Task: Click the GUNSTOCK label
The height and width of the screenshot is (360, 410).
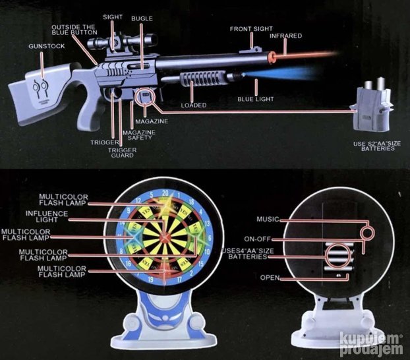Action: click(x=47, y=46)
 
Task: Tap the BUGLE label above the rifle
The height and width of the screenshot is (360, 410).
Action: click(x=142, y=18)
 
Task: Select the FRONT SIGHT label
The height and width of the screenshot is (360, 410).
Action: click(x=251, y=29)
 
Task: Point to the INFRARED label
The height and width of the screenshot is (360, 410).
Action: click(x=286, y=36)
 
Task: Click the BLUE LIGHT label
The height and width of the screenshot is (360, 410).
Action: click(x=256, y=99)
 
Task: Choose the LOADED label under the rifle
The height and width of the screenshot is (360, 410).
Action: click(x=194, y=105)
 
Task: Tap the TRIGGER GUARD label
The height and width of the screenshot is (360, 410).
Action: click(x=123, y=153)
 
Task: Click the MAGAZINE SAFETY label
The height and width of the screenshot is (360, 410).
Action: click(x=139, y=135)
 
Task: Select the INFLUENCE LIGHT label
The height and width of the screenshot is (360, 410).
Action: click(x=47, y=217)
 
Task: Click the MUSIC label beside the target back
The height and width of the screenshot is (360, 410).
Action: click(x=268, y=220)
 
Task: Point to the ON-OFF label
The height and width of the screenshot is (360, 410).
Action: click(x=258, y=239)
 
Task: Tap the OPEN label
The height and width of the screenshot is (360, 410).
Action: click(x=270, y=278)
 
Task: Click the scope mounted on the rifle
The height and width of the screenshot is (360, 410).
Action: click(x=122, y=42)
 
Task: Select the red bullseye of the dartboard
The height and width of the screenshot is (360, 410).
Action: click(x=165, y=237)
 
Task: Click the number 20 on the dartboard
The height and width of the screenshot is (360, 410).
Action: click(x=165, y=193)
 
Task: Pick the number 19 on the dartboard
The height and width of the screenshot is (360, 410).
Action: click(x=150, y=280)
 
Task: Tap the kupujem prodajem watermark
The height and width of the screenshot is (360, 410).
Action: click(x=371, y=344)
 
